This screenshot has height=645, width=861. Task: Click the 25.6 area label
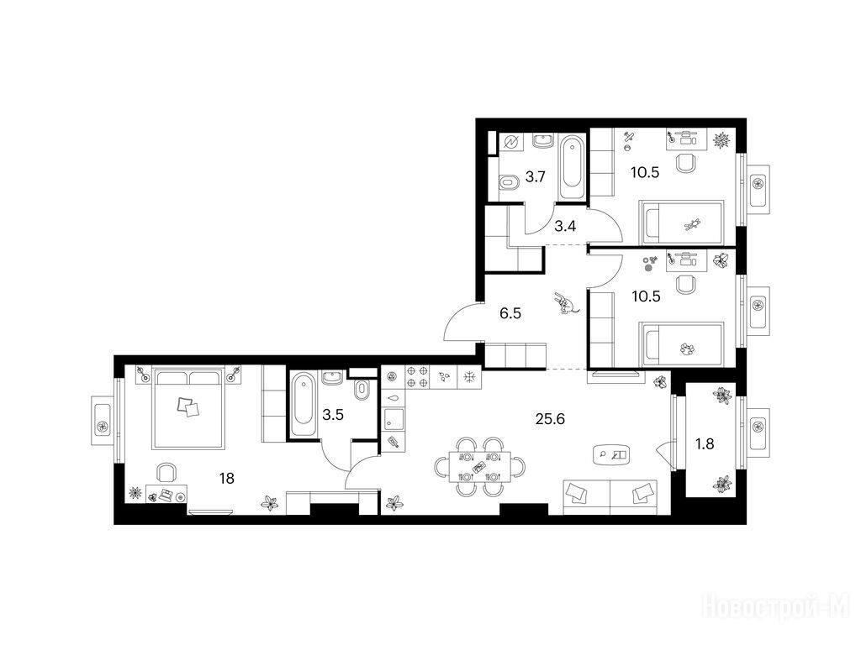pyautogui.click(x=550, y=420)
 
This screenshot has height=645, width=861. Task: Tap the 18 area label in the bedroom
pyautogui.click(x=226, y=479)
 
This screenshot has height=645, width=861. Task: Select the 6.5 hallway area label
pyautogui.click(x=510, y=314)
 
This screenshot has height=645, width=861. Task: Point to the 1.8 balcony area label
pyautogui.click(x=705, y=443)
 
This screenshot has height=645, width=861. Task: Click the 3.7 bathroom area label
pyautogui.click(x=536, y=176)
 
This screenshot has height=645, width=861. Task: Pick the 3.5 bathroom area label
pyautogui.click(x=333, y=415)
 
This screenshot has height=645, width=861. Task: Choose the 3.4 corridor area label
pyautogui.click(x=565, y=225)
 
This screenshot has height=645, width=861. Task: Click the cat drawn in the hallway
pyautogui.click(x=565, y=303)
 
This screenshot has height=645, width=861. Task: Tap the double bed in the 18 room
pyautogui.click(x=189, y=407)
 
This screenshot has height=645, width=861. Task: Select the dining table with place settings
pyautogui.click(x=480, y=467)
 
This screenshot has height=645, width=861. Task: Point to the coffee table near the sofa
pyautogui.click(x=612, y=454)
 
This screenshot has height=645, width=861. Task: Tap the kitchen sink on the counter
pyautogui.click(x=394, y=419)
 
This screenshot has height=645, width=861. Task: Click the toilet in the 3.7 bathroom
pyautogui.click(x=508, y=181)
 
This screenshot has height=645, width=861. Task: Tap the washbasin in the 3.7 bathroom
pyautogui.click(x=544, y=141)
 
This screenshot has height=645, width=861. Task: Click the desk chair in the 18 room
pyautogui.click(x=166, y=472)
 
